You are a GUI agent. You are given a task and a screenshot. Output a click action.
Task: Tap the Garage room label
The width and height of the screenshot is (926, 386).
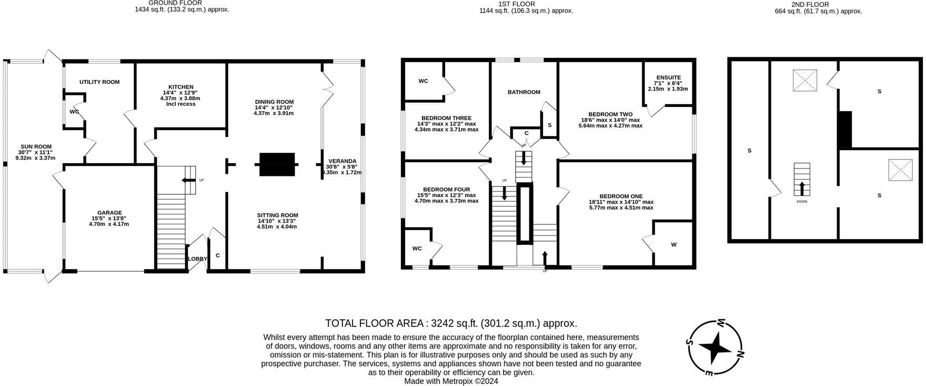pos(109,213)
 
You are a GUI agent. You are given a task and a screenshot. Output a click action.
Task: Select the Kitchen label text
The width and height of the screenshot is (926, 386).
pos(180,87)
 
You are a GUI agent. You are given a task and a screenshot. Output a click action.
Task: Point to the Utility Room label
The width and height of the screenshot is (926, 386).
pos(99,82)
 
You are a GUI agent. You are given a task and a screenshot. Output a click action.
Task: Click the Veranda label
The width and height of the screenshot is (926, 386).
pos(343,161)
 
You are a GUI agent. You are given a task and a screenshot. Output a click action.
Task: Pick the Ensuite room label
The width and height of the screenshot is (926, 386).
pos(668,77)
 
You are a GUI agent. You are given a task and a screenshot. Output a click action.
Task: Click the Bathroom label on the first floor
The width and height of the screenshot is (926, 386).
pos(524,92)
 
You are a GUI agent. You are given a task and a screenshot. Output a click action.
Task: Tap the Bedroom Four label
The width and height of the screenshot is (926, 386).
pos(446,190)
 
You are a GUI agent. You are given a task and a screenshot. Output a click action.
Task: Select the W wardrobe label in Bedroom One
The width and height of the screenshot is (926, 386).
pos(673,244)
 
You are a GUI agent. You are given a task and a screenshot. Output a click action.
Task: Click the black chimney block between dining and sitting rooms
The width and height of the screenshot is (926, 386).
pos(277,164)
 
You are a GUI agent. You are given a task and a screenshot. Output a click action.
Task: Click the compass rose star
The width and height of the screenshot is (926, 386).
pos(714,348)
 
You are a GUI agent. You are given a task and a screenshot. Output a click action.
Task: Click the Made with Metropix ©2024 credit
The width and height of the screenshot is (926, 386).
pos(451,381)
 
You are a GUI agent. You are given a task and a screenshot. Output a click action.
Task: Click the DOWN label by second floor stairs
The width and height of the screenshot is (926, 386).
pos(802,202)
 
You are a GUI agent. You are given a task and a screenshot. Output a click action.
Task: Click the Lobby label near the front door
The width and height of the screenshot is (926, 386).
pos(198,259)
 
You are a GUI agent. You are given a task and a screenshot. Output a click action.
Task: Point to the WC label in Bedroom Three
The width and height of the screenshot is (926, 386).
pos(423,81)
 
